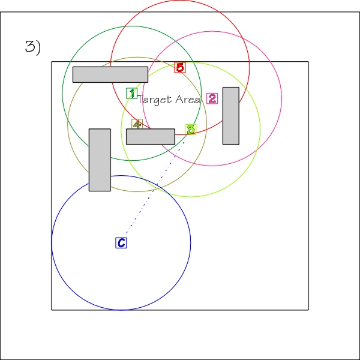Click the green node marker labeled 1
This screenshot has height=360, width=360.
coord(132,93)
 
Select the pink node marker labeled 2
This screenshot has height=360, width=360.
coord(212,98)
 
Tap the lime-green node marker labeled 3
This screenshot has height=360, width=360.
coord(191,130)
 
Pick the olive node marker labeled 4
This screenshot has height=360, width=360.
coord(137,124)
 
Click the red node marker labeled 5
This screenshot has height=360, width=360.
coord(180,67)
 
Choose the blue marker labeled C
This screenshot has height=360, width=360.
coord(121,243)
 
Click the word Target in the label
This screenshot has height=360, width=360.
coord(155,100)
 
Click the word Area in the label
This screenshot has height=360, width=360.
coord(187,100)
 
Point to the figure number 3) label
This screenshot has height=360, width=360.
coord(33,47)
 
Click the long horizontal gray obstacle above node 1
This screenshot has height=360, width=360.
coord(110,74)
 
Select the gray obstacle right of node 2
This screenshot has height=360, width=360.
coord(231,116)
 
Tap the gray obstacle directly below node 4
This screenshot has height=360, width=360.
coord(151,137)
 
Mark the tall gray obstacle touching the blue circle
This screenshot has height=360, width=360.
coord(100,160)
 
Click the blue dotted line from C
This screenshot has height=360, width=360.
coord(155,188)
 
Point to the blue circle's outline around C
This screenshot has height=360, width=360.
coord(190,243)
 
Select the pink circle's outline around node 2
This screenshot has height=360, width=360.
coord(282,98)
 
